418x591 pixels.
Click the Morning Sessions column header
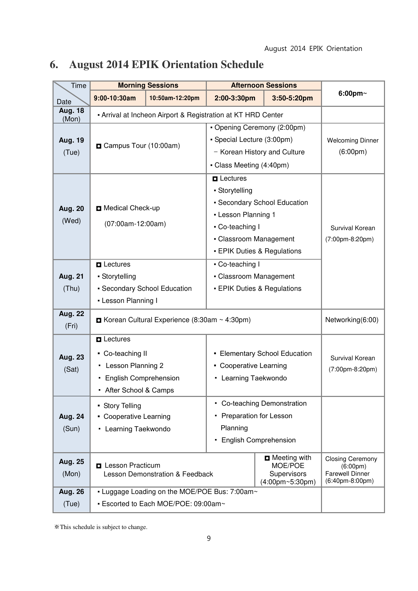click(148, 85)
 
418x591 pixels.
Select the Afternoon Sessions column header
click(264, 85)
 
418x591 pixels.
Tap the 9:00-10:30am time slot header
click(115, 98)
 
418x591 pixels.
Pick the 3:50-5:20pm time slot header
click(292, 98)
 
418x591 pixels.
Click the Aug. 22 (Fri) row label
click(71, 319)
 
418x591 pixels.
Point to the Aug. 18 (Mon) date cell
click(71, 115)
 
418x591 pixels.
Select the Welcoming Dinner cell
click(353, 146)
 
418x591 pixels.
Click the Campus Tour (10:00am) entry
click(141, 146)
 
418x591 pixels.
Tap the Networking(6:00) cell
click(352, 320)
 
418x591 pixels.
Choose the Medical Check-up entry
click(131, 208)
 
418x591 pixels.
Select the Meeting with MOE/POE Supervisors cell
click(288, 469)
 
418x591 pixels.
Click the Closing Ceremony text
click(351, 459)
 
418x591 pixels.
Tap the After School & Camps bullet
click(139, 390)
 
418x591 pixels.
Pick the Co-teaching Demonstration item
click(264, 403)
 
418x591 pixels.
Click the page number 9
click(209, 538)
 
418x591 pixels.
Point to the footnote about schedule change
click(101, 527)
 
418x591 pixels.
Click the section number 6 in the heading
click(54, 65)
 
